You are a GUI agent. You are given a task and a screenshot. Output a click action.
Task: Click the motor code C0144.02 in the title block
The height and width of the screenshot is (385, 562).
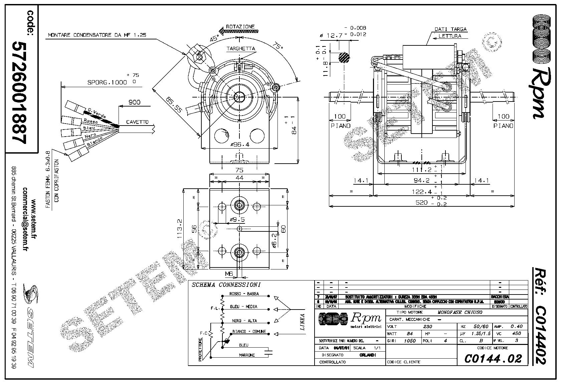493,359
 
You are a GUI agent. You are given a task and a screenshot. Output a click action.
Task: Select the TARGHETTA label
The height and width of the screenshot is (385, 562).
241,48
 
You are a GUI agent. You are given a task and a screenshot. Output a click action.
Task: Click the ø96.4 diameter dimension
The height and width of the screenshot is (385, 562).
239,145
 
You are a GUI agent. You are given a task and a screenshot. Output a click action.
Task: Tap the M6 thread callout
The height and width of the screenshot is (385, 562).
229,274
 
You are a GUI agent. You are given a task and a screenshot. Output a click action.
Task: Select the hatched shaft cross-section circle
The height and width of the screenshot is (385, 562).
344,57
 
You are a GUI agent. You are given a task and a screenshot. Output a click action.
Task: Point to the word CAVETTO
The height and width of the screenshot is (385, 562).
137,122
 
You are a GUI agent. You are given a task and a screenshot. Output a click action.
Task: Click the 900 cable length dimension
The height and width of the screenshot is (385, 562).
134,102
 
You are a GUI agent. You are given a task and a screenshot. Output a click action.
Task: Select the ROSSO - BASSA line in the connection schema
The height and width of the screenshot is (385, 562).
243,294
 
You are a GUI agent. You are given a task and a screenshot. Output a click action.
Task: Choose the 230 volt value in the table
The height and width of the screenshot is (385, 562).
427,327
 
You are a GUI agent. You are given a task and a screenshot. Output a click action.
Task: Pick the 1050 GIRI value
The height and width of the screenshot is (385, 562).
410,341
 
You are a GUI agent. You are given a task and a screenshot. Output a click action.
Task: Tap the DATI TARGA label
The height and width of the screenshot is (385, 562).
450,29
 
